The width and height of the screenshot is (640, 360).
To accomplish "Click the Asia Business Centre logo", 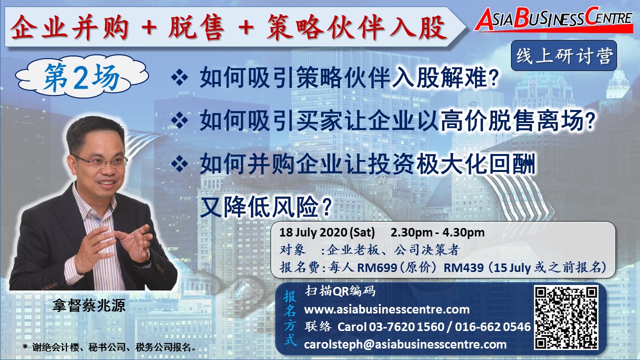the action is coord(553,20).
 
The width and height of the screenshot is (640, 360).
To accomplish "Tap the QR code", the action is coord(566,318).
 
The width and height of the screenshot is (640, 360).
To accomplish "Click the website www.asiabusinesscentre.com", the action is coord(387,309).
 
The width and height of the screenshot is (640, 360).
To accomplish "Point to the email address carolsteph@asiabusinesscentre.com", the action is coord(405,344).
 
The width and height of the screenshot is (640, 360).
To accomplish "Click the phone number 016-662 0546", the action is coord(492,327).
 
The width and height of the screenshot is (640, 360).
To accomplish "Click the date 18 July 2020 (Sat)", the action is coord(327,232).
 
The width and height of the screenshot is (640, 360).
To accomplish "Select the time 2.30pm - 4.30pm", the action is coord(437,232).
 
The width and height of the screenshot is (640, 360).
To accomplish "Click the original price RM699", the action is coord(377,267).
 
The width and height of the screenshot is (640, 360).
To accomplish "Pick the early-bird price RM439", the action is coord(463,267).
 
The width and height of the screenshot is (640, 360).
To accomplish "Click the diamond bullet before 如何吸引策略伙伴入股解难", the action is coord(179,77).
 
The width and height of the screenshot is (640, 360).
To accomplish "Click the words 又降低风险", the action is coord(265,207).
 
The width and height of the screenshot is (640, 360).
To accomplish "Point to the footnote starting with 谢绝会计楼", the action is coord(109,347).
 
